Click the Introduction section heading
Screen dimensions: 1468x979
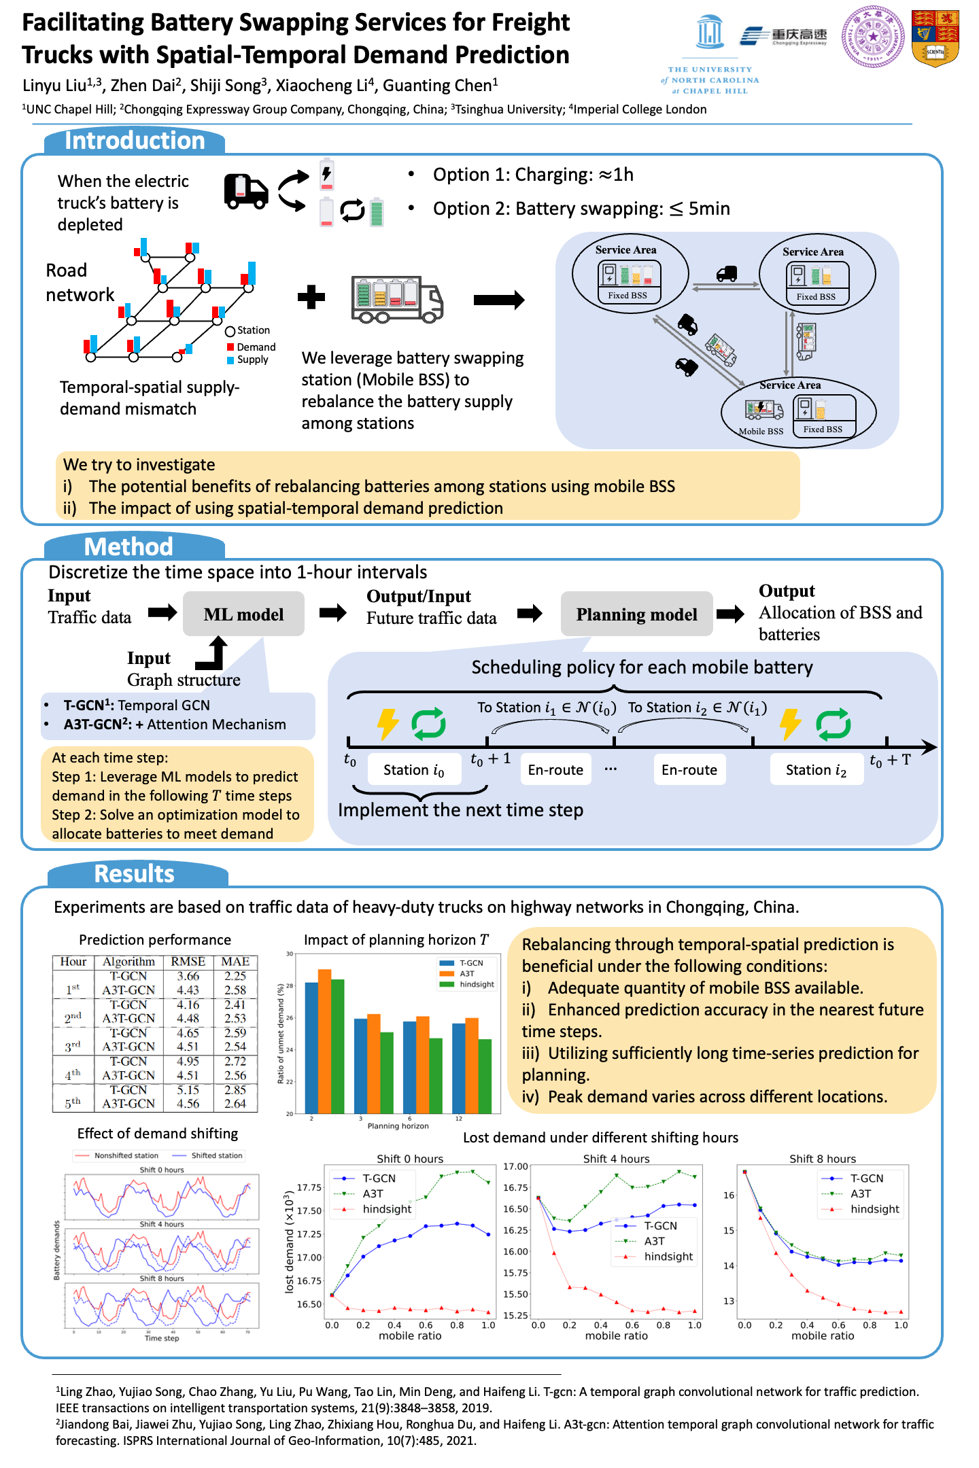135,141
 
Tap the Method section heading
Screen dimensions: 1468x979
128,546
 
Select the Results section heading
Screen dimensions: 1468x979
134,873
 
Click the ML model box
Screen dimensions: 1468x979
243,614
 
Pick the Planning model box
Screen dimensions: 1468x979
636,614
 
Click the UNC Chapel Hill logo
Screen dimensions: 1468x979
710,55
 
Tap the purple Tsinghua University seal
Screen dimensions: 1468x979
873,37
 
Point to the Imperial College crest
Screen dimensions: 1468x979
935,38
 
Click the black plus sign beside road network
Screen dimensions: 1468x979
311,297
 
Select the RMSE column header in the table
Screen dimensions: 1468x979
188,962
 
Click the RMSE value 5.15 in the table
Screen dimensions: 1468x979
188,1089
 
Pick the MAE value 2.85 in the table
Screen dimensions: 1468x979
235,1089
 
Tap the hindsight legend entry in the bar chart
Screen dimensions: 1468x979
477,984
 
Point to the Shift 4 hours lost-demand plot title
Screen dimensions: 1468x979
616,1159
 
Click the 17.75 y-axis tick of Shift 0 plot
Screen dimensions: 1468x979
309,1187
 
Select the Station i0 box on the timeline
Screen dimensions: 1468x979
414,770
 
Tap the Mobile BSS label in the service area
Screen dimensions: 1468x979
761,431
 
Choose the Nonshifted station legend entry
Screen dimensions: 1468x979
126,1155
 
